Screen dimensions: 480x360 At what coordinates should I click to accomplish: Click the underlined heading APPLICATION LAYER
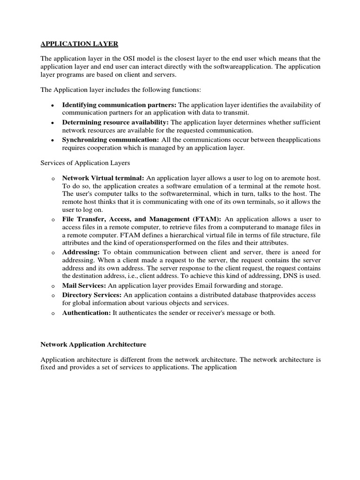79,44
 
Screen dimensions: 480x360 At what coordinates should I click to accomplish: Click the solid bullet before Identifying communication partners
52,105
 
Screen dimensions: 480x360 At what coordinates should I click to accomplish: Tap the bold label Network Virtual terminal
103,178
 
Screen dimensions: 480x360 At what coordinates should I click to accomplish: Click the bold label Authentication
86,313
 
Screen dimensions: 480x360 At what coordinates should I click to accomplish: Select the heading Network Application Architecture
93,345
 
